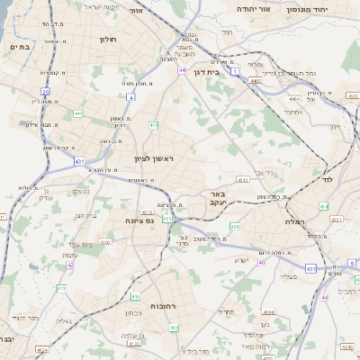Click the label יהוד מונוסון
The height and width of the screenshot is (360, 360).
pos(307,8)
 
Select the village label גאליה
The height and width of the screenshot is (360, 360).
pos(64,320)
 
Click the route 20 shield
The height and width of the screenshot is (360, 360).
pos(45,92)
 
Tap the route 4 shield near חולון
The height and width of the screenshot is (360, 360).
pos(131,96)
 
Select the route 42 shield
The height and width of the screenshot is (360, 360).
pos(70,265)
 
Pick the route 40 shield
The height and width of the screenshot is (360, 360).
pos(262,263)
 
